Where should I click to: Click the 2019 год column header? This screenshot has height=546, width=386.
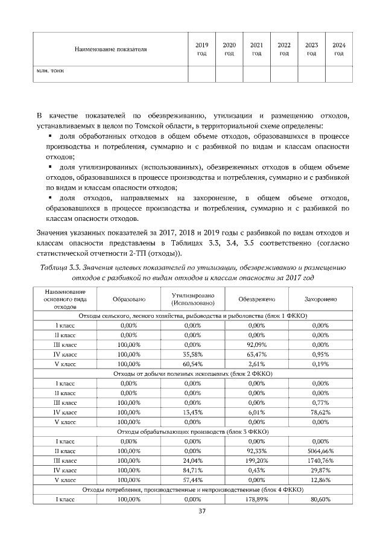202,49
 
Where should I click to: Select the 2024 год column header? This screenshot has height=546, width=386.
339,49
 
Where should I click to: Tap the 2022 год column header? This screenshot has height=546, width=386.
284,49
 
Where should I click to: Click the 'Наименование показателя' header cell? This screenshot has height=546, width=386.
110,49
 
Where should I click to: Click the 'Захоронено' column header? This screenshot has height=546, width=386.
320,299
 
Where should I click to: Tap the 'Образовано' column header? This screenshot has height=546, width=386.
129,299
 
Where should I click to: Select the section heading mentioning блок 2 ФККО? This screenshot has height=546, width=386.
194,374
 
